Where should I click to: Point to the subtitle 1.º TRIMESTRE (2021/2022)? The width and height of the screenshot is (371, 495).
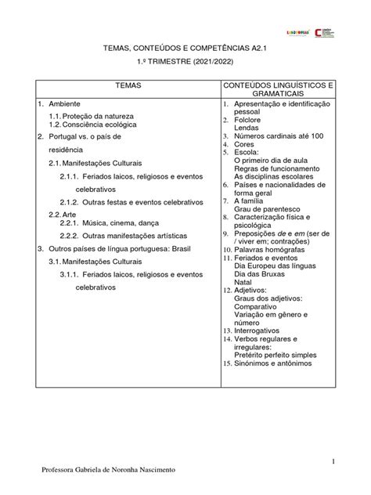185,63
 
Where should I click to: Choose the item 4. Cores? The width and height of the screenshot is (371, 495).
246,146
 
